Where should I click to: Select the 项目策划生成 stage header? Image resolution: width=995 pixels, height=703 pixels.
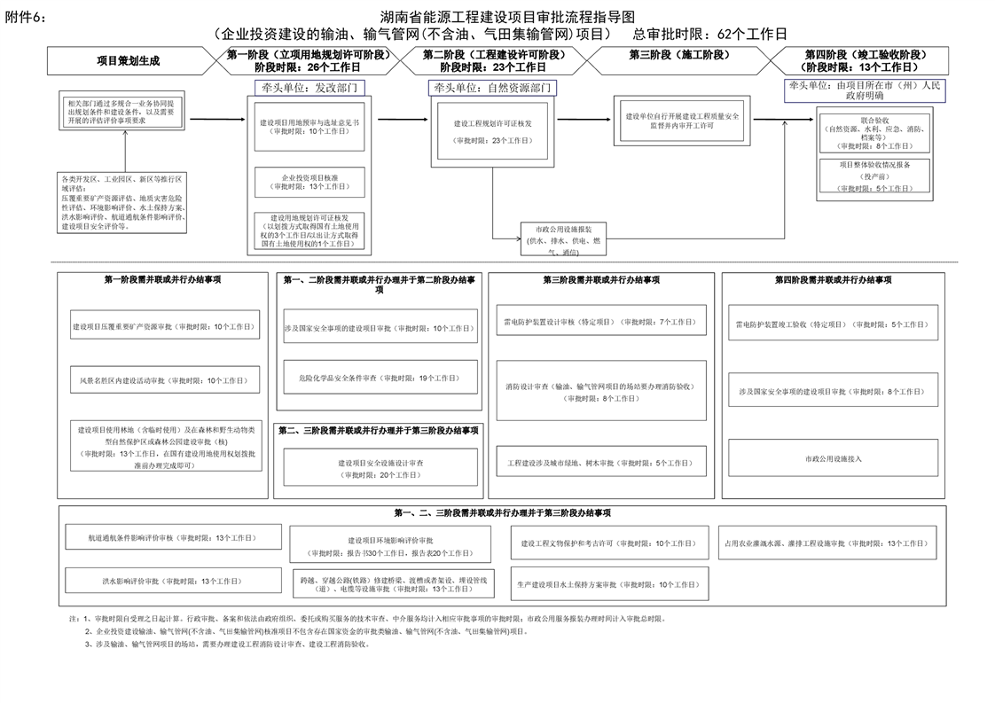click(129, 61)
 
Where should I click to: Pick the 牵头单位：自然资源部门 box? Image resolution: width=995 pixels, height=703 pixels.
click(491, 88)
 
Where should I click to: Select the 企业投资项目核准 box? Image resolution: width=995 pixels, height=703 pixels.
click(309, 183)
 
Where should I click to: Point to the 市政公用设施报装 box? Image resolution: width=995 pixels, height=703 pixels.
click(563, 238)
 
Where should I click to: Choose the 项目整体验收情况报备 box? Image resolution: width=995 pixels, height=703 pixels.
click(874, 176)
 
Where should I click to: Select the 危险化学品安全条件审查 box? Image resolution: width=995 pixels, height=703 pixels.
click(380, 378)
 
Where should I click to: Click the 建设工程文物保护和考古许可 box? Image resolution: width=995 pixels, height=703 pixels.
click(608, 543)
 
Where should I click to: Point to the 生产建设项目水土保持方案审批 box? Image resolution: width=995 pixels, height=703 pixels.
click(608, 584)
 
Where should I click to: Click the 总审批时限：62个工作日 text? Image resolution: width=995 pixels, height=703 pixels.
click(709, 35)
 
